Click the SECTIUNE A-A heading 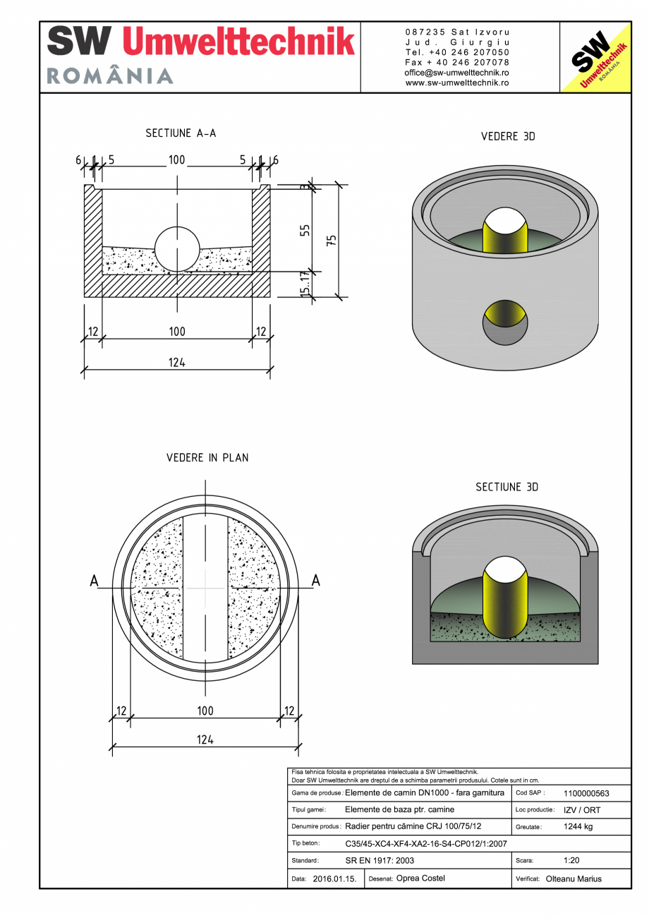pos(181,133)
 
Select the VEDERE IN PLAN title pos(207,457)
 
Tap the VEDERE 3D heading pos(508,136)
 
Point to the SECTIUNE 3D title pos(507,487)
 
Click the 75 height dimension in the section pos(332,240)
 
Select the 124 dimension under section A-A pos(176,363)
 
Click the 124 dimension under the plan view pos(205,739)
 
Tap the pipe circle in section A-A pos(177,249)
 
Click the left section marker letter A pos(94,581)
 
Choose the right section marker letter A pos(315,580)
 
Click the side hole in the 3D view pos(504,322)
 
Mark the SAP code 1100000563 pos(586,793)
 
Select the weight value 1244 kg pos(578,826)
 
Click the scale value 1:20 pos(572,861)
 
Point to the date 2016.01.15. pos(334,879)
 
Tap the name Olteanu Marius pos(574,878)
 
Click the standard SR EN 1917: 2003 pos(380,861)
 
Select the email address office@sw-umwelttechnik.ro pos(457,73)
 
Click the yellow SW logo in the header pos(595,58)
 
